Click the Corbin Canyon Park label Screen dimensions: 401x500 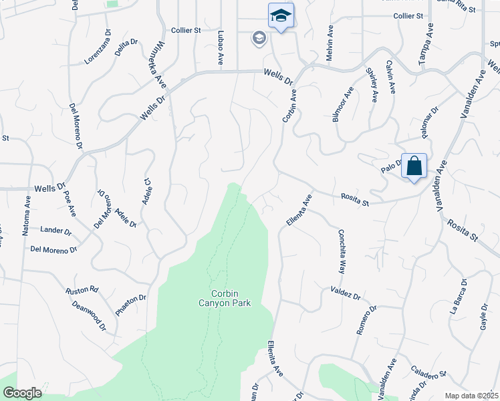pyautogui.click(x=231, y=298)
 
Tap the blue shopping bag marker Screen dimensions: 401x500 pyautogui.click(x=414, y=166)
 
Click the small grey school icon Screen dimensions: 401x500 pyautogui.click(x=259, y=38)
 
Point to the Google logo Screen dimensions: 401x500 pyautogui.click(x=22, y=392)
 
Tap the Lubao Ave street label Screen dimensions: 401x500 pyautogui.click(x=220, y=46)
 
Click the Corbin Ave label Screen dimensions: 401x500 pyautogui.click(x=289, y=106)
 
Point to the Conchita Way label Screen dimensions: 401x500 pyautogui.click(x=341, y=252)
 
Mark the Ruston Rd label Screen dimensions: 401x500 pyautogui.click(x=82, y=291)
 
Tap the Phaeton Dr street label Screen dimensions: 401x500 pyautogui.click(x=130, y=304)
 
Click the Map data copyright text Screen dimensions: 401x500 pyautogui.click(x=472, y=396)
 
